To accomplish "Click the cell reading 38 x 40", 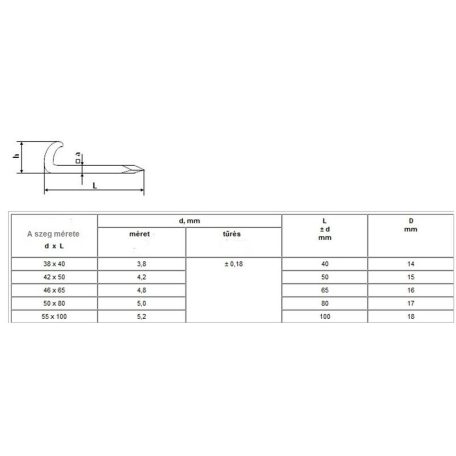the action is point(54,264).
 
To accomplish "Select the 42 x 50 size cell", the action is point(54,277).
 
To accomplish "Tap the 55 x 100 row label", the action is point(54,316).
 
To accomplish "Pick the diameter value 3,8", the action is point(141,264).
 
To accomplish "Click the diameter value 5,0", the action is point(141,303).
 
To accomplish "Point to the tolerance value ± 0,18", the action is point(234,264).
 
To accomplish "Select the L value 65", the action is point(325,290).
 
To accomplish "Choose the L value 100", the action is point(325,316).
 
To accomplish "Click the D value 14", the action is point(411,264).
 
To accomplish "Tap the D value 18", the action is point(411,316).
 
